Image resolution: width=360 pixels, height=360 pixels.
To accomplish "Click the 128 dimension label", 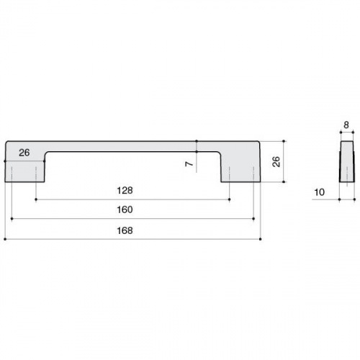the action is pos(125,191).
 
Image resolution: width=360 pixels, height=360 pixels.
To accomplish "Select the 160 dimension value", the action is pos(125,210).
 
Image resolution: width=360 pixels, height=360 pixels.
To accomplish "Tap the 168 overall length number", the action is pos(125,230).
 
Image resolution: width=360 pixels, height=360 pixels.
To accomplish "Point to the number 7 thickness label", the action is pos(189,164).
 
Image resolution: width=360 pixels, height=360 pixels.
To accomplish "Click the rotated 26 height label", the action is pos(276,161).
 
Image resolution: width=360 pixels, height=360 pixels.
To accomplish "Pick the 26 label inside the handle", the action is pos(24,153).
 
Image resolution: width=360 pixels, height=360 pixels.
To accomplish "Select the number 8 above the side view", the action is pos(346,125).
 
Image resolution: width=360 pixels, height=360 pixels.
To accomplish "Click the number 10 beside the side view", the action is pos(320,192).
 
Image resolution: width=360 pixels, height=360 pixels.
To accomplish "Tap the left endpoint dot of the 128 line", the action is pos(36,199).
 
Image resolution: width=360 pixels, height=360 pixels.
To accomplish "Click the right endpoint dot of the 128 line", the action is pos(230,199).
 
